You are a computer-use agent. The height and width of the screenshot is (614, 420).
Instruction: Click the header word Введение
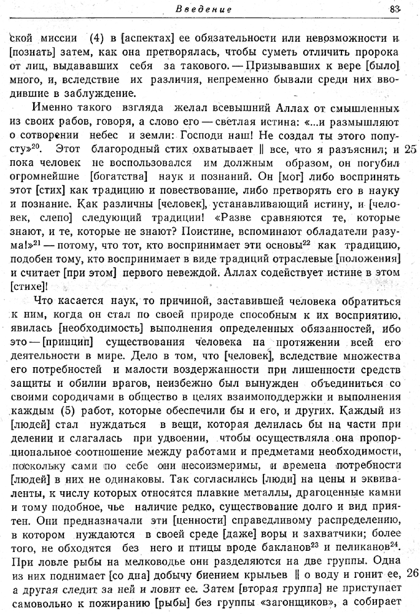point(203,9)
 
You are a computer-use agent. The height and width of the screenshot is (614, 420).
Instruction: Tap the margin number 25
point(411,149)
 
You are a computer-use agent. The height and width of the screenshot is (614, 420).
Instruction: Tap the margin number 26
point(411,574)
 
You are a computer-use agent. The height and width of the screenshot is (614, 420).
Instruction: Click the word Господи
point(213,136)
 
